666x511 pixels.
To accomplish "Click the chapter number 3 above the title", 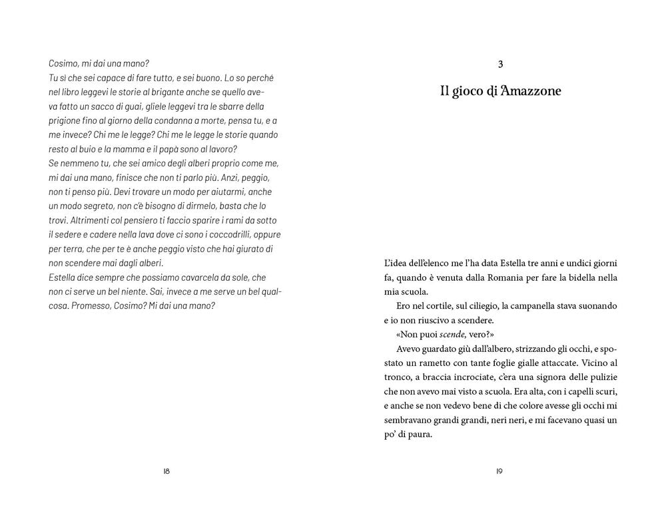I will click(x=500, y=64).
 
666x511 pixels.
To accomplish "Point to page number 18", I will click(x=166, y=471).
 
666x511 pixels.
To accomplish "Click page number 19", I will click(x=500, y=471).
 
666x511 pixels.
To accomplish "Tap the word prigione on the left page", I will click(x=67, y=120).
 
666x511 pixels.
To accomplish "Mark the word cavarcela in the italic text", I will click(x=186, y=277).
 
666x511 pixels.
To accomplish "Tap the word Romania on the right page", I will click(x=494, y=277).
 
